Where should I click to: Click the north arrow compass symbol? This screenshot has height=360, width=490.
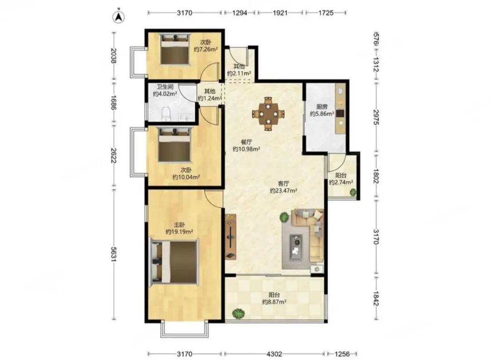[118, 17]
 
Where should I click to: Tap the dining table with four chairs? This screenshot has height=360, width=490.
[268, 113]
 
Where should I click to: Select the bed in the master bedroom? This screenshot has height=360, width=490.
[174, 262]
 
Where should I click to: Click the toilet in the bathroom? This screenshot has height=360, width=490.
[166, 113]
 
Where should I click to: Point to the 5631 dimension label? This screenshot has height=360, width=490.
[114, 254]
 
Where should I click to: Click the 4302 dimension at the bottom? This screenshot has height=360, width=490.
[274, 354]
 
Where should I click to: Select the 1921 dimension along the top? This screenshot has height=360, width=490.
[279, 13]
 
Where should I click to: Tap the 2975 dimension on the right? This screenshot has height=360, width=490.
[376, 117]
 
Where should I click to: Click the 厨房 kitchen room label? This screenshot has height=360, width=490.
[322, 107]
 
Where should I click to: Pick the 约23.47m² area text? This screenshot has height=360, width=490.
[284, 191]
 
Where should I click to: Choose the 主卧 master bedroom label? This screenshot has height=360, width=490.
[179, 225]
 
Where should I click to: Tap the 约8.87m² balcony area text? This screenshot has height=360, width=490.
[274, 302]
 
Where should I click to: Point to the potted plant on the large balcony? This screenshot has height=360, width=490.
[239, 314]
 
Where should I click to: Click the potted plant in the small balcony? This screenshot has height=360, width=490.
[353, 192]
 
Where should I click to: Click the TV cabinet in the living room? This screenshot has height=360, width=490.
[230, 237]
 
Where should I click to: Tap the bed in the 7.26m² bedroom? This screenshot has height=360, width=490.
[175, 49]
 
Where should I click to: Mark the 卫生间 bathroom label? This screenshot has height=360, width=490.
[165, 87]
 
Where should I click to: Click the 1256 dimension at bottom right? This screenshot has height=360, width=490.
[342, 354]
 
